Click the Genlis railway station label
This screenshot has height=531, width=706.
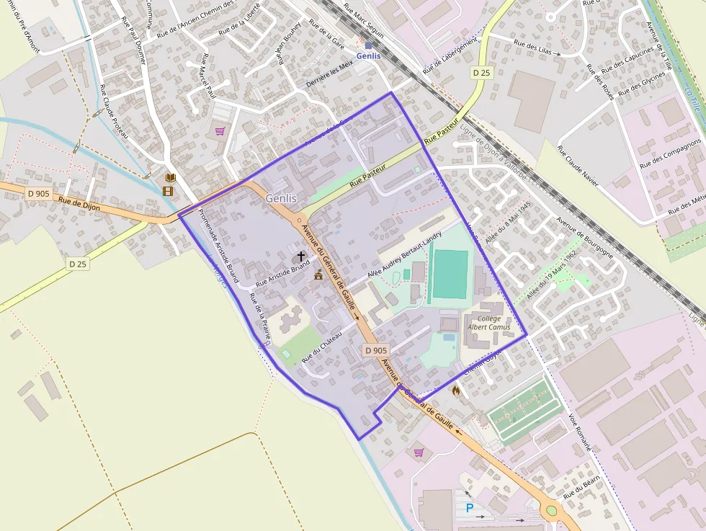tap(368, 55)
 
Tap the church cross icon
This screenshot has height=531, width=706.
tap(300, 256)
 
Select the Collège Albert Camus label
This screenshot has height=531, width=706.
tap(489, 323)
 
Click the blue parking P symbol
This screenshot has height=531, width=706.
tap(470, 508)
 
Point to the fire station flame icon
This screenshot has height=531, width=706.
tap(456, 390)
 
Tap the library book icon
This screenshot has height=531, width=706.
tap(170, 177)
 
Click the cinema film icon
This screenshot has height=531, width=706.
tap(168, 191)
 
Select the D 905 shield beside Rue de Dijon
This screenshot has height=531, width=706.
tap(40, 193)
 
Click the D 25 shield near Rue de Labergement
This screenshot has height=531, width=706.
tap(481, 73)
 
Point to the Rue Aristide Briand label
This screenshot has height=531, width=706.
tap(282, 272)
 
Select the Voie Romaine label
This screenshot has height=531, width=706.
tap(580, 432)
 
